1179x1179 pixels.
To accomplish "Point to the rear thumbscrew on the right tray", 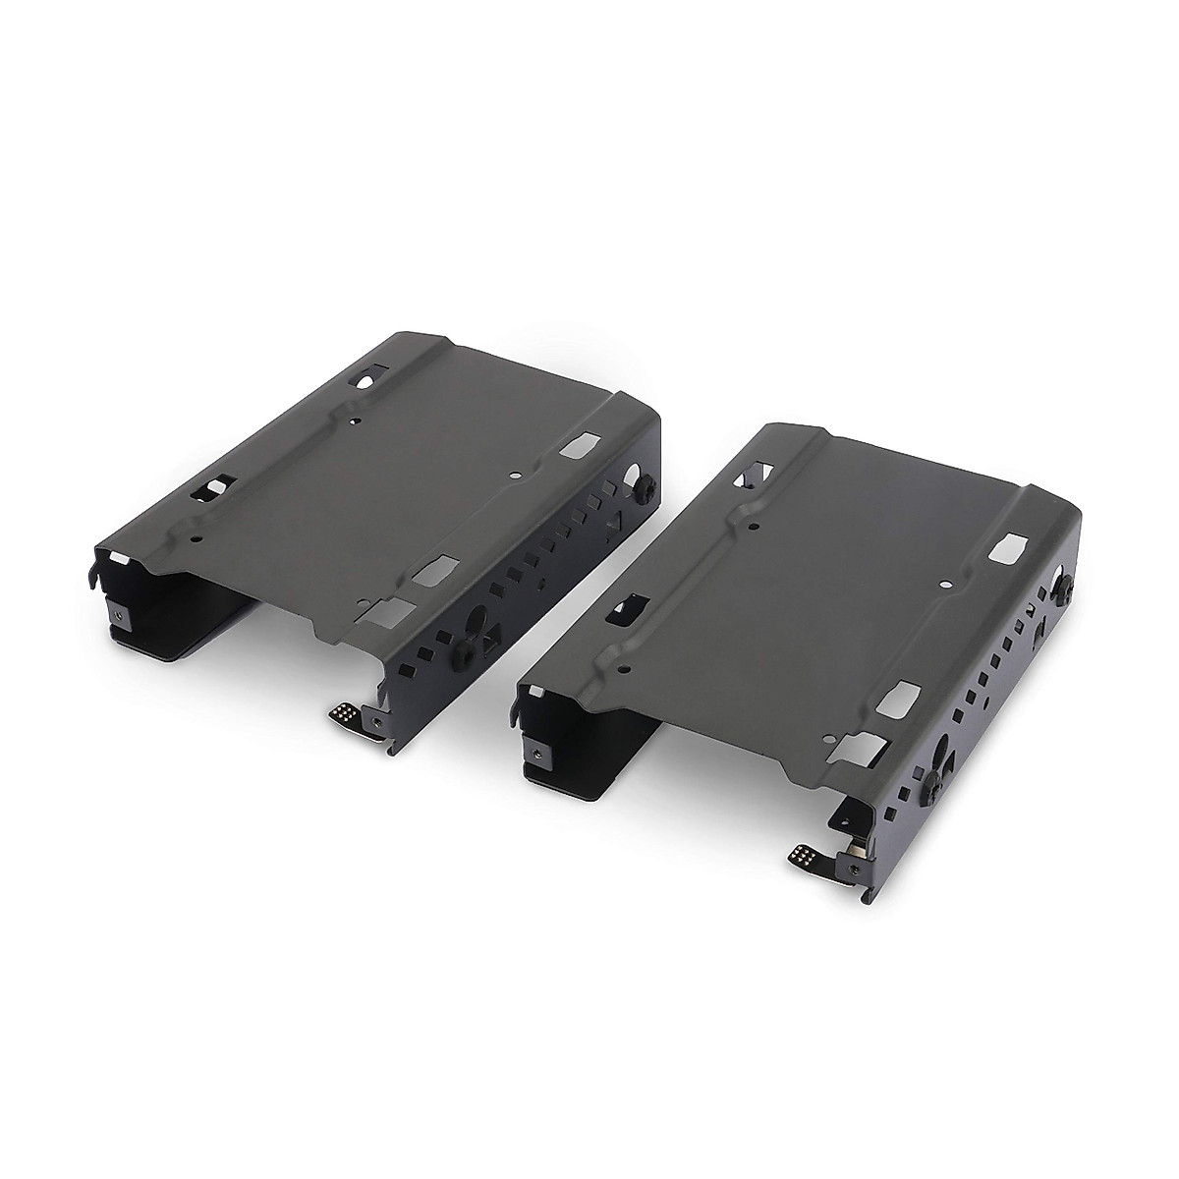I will click(x=1064, y=586).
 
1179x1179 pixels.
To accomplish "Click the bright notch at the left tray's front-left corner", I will click(x=116, y=556).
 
